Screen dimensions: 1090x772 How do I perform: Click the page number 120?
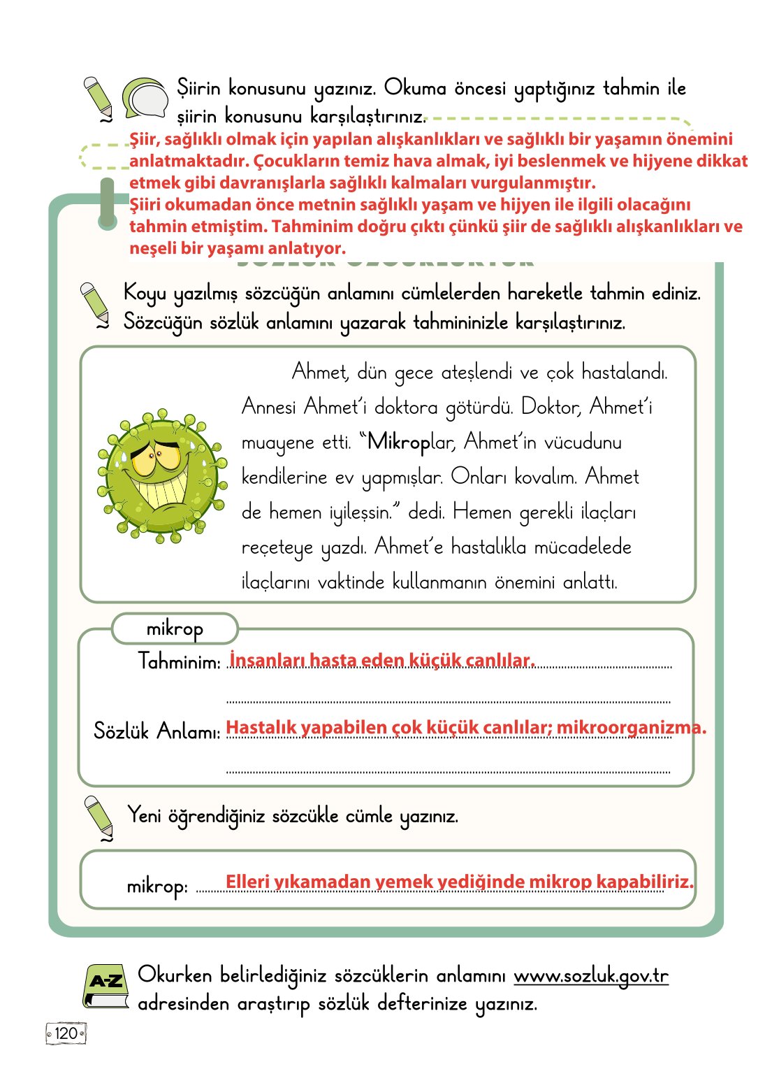pyautogui.click(x=66, y=1033)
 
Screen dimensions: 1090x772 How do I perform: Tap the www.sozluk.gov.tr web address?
pyautogui.click(x=590, y=975)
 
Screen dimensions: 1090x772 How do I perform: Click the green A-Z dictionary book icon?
pyautogui.click(x=106, y=986)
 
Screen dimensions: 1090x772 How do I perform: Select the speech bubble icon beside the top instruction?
pyautogui.click(x=145, y=98)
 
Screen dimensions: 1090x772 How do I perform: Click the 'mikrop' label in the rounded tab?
pyautogui.click(x=175, y=629)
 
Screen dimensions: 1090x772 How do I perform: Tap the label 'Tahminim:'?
pyautogui.click(x=180, y=661)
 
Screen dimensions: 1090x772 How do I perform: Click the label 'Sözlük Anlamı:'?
pyautogui.click(x=157, y=731)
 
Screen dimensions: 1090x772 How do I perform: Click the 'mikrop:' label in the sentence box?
pyautogui.click(x=157, y=887)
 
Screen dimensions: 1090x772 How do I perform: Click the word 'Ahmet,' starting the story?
pyautogui.click(x=320, y=372)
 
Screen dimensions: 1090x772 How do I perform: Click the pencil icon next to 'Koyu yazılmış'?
pyautogui.click(x=96, y=305)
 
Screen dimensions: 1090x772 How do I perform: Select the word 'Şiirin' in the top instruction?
pyautogui.click(x=198, y=89)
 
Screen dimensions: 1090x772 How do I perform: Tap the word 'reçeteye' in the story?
pyautogui.click(x=277, y=547)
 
